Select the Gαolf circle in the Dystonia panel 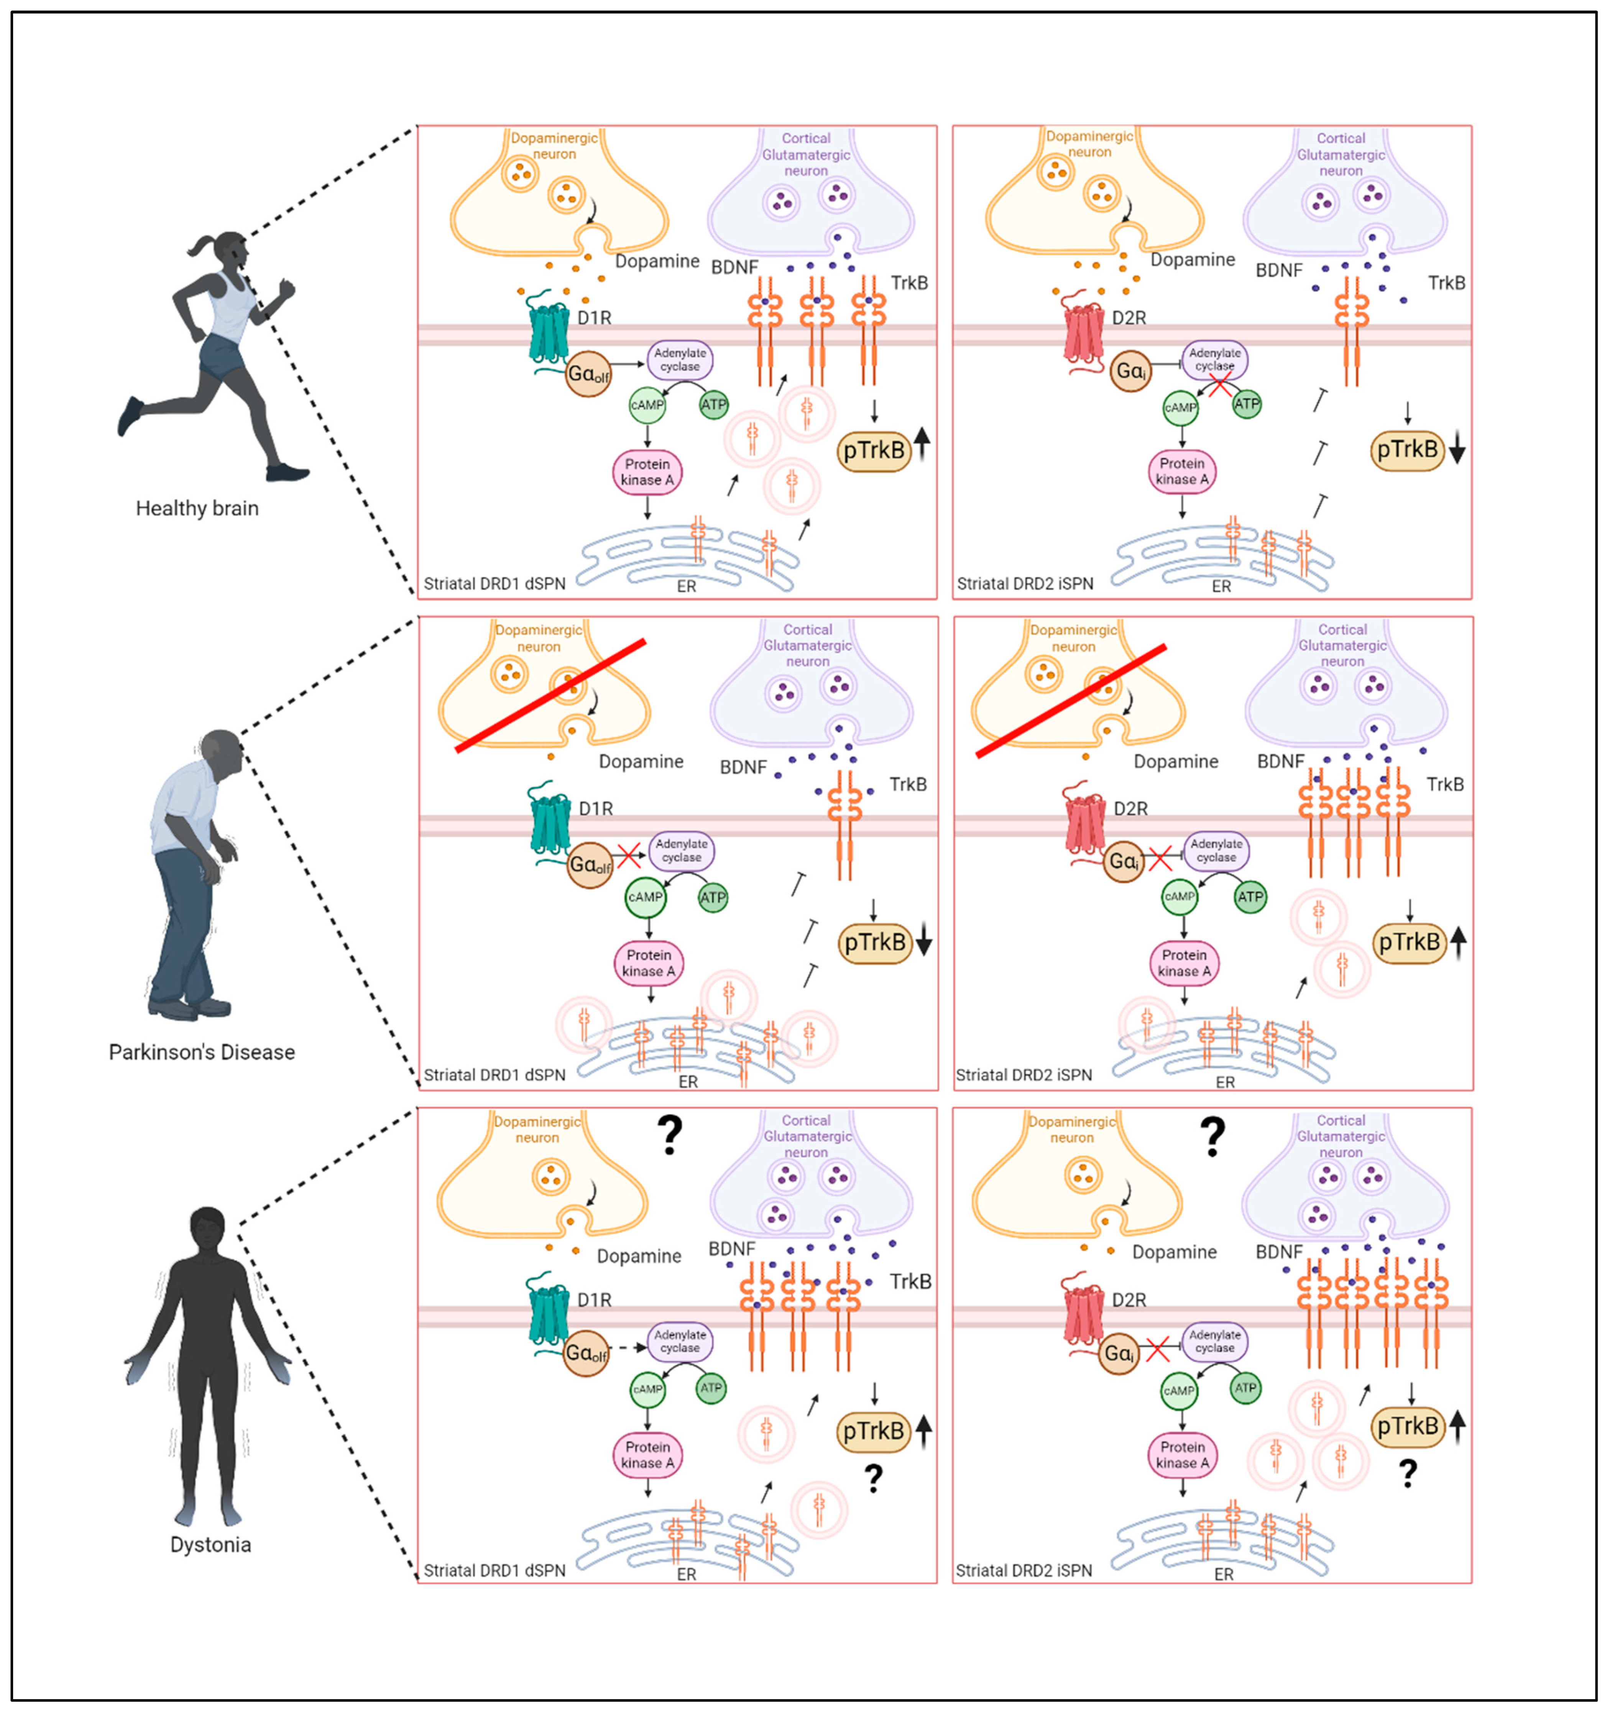pyautogui.click(x=586, y=1354)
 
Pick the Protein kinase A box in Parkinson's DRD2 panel pyautogui.click(x=1184, y=962)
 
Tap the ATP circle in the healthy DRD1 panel pyautogui.click(x=713, y=404)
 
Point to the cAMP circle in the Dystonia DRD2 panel pyautogui.click(x=1179, y=1391)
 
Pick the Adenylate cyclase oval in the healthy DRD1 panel pyautogui.click(x=680, y=359)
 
